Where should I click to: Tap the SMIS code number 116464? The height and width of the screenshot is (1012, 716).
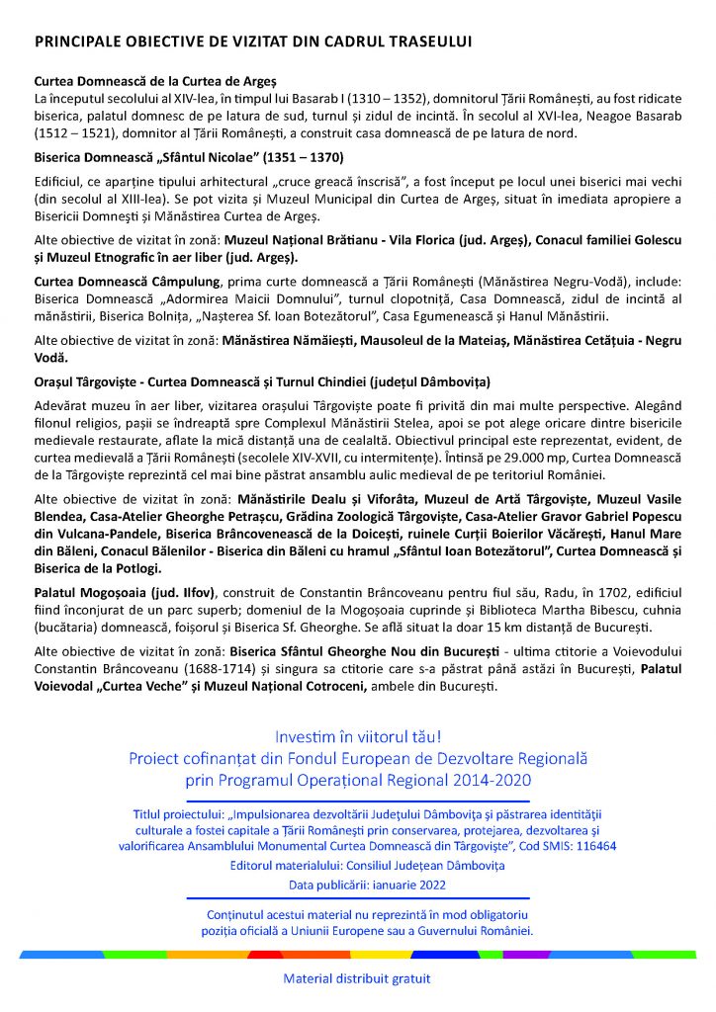(x=590, y=845)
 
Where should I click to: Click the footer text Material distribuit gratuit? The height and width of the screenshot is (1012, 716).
(x=357, y=980)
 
